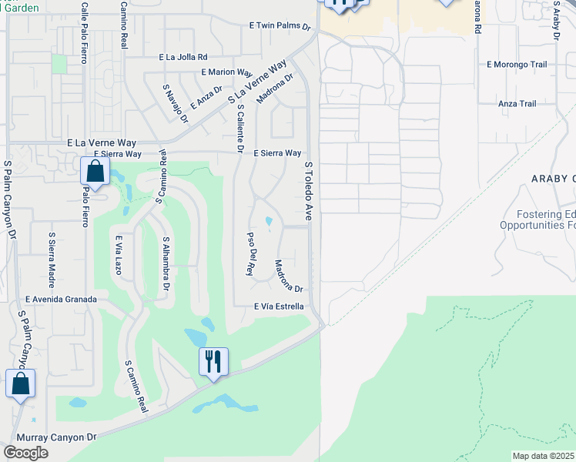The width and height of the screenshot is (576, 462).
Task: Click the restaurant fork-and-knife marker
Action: coord(213,360)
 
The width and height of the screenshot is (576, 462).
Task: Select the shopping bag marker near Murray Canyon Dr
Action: coord(20,383)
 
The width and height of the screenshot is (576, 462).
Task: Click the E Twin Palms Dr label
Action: coord(280,26)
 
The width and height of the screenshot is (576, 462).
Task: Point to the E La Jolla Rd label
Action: coord(183,57)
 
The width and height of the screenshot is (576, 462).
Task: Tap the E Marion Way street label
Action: coord(226,72)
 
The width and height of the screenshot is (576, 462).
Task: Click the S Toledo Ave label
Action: coord(309,192)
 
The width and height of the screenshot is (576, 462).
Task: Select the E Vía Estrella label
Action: coord(279,306)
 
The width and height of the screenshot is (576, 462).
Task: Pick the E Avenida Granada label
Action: coord(61,300)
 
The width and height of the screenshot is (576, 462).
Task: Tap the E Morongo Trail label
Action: coord(517,65)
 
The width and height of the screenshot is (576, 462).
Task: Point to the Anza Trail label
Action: coord(517,103)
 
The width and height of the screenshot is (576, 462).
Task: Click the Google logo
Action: coord(25,453)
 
